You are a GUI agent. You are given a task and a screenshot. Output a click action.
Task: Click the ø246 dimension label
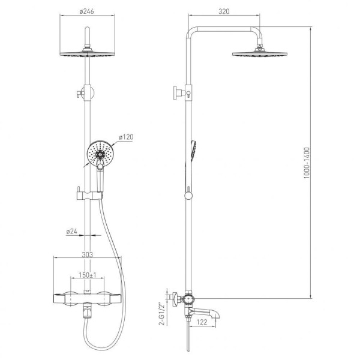pyautogui.click(x=87, y=11)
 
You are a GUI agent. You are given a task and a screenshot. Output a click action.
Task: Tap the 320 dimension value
pyautogui.click(x=224, y=11)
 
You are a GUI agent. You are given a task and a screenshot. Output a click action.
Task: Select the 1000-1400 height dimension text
pyautogui.click(x=307, y=163)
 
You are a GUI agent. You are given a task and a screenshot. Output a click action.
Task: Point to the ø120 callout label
pyautogui.click(x=126, y=137)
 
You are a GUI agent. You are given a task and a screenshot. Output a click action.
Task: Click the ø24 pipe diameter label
pyautogui.click(x=71, y=232)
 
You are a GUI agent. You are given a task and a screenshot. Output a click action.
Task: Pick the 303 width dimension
pyautogui.click(x=88, y=254)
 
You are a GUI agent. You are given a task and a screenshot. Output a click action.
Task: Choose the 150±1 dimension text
pyautogui.click(x=88, y=275)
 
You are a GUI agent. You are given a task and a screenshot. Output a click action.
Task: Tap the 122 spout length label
pyautogui.click(x=202, y=322)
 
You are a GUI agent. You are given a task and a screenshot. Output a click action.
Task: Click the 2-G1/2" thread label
pyautogui.click(x=162, y=314)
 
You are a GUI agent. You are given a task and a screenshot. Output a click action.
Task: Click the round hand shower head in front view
pyautogui.click(x=100, y=152)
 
